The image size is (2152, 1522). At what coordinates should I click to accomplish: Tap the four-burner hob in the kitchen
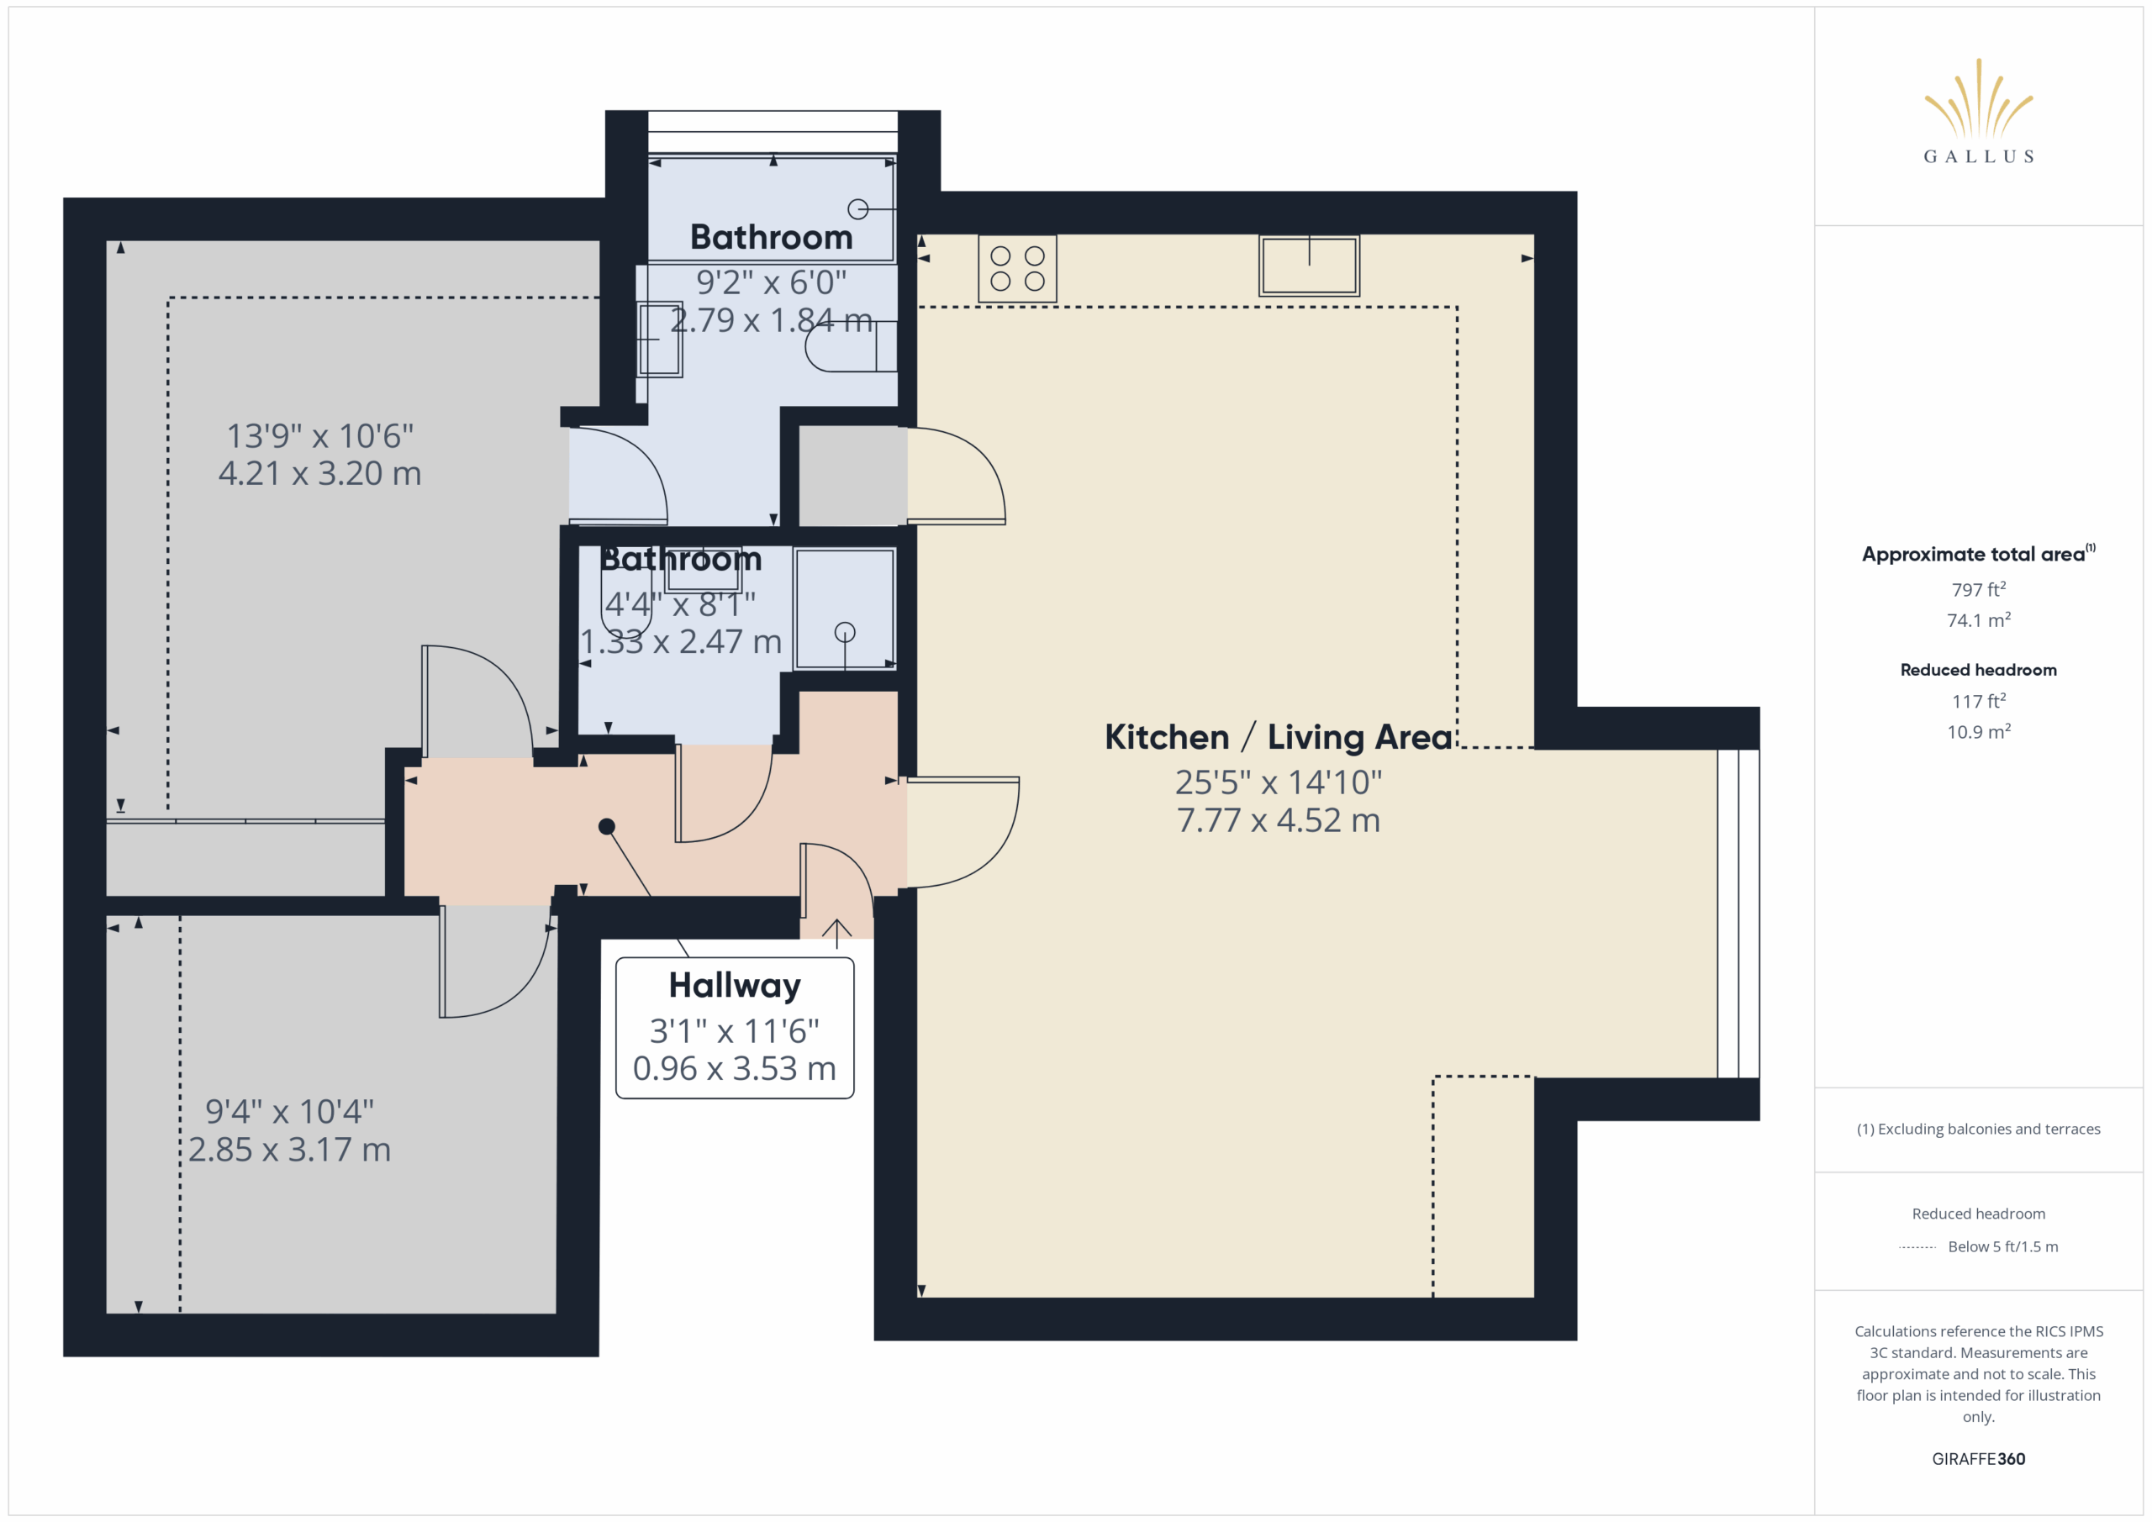1017,268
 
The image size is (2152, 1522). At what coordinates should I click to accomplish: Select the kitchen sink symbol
1309,266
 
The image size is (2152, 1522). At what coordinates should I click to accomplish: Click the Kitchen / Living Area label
1279,738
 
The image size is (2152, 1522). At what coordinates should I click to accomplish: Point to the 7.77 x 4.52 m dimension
1279,821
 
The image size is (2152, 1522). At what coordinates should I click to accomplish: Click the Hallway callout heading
735,986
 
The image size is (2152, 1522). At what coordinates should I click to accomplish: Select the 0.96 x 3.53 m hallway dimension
735,1068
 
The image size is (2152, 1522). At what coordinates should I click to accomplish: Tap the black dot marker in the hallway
606,827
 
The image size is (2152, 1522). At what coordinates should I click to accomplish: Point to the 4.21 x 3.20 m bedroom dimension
319,473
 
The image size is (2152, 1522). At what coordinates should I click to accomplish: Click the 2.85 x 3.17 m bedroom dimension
290,1150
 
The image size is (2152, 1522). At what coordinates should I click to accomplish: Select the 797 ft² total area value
1979,589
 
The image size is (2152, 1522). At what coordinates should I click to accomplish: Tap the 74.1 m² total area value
1979,619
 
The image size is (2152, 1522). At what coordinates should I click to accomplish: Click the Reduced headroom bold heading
1979,670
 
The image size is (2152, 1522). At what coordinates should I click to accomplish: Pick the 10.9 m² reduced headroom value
1979,731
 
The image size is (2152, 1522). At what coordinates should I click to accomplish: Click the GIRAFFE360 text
1979,1459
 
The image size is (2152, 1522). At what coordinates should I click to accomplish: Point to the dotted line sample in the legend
1917,1247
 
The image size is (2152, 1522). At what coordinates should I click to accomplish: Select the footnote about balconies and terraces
1979,1130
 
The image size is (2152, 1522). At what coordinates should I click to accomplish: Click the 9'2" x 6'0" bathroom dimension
772,282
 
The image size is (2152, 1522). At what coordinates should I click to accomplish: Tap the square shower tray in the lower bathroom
845,609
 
